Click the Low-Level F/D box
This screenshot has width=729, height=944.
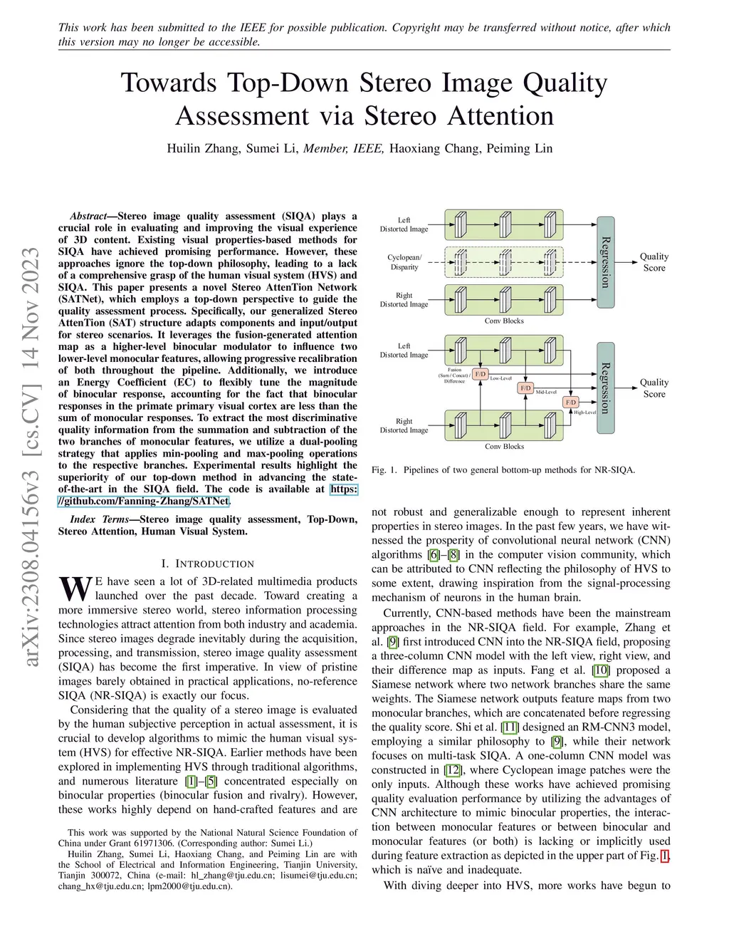click(481, 374)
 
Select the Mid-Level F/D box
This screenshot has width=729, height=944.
click(525, 388)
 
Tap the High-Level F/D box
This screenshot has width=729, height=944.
click(571, 403)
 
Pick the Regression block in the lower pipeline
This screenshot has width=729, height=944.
click(605, 388)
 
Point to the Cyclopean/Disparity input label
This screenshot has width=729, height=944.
click(404, 262)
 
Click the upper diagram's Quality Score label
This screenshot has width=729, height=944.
click(654, 262)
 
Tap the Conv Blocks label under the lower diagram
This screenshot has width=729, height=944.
click(504, 447)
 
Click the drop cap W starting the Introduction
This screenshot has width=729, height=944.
click(75, 588)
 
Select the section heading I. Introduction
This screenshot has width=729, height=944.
click(207, 564)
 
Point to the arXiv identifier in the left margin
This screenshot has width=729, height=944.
click(32, 456)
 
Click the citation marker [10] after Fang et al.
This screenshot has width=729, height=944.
click(601, 670)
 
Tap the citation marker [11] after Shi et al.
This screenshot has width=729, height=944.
click(509, 727)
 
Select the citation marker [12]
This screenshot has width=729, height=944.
click(452, 770)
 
